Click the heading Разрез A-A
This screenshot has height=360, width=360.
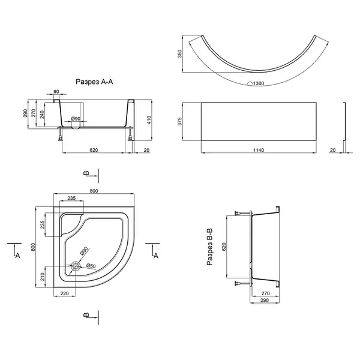(94, 82)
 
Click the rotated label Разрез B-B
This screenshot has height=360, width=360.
(209, 247)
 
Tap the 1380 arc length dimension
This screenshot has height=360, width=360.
(259, 83)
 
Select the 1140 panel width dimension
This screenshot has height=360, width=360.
(259, 150)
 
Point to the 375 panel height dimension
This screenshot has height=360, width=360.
(179, 121)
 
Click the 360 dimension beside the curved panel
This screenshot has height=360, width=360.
(179, 54)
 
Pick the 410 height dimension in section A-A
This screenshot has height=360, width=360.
(149, 120)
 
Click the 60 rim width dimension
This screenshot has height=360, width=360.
(56, 91)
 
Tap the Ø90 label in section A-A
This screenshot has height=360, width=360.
(76, 119)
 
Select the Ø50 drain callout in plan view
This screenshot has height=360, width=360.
(91, 266)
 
